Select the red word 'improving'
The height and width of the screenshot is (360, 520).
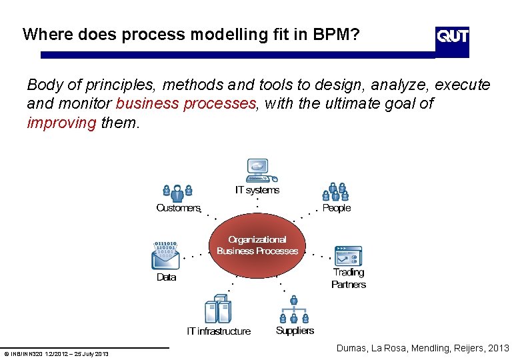(x=61, y=123)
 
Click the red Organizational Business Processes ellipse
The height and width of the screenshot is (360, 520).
(x=257, y=245)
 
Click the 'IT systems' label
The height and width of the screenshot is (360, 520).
(x=257, y=190)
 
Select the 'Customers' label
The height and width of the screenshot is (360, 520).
(x=178, y=208)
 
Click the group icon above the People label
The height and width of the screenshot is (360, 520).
(x=336, y=191)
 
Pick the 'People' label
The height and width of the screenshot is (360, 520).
(x=336, y=208)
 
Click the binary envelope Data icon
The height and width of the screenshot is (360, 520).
(x=166, y=254)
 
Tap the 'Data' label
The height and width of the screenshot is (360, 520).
(x=166, y=277)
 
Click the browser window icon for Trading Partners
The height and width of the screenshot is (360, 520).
(x=348, y=255)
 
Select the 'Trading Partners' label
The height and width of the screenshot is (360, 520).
(x=349, y=278)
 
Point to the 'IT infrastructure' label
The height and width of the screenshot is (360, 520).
(x=219, y=331)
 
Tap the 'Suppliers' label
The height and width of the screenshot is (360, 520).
(x=295, y=331)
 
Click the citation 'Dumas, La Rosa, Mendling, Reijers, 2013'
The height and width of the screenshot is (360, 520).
(x=423, y=348)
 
